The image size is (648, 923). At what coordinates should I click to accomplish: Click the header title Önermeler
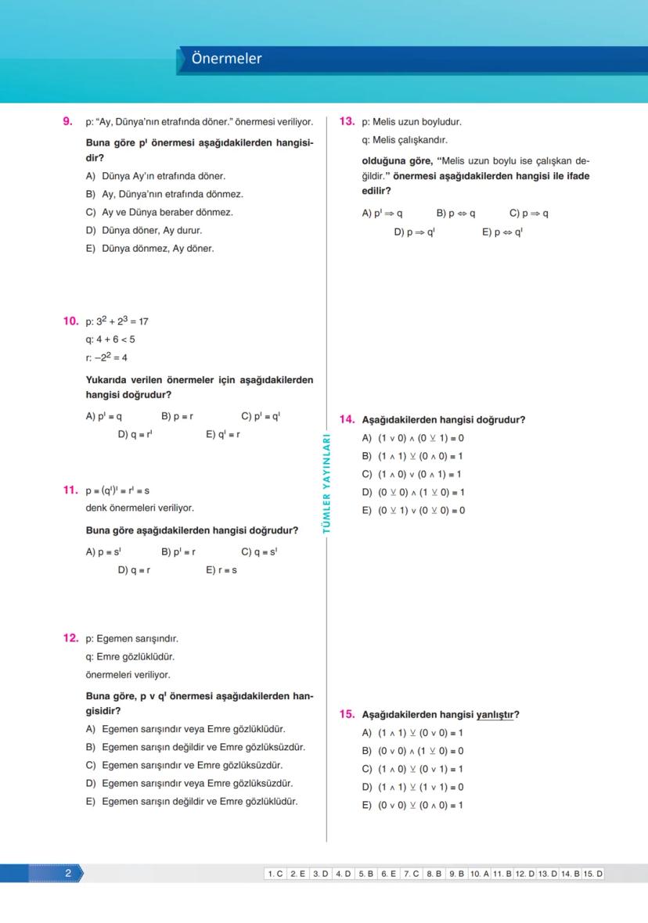227,59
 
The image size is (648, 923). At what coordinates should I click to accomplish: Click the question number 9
67,122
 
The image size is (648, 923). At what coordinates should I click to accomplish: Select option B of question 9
164,194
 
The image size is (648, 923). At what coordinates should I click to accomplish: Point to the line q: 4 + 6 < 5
110,339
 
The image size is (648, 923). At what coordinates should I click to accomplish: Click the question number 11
70,490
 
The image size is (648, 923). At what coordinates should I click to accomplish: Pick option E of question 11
221,570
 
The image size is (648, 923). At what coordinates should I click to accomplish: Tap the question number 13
347,122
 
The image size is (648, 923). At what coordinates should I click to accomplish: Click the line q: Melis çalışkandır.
404,140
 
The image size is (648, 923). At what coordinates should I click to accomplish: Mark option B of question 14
412,456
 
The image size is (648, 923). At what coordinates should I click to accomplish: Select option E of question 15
412,805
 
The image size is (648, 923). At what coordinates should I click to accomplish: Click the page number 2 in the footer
68,874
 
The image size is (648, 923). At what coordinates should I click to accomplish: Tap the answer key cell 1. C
275,874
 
